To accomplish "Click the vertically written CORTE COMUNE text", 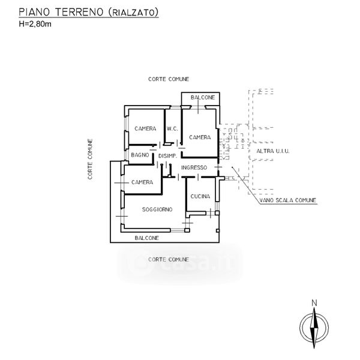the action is click(x=90, y=160).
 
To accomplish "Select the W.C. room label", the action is click(x=172, y=128).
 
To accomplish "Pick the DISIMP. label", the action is click(x=167, y=156).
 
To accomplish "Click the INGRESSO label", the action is click(x=194, y=167).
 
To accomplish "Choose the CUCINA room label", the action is click(x=200, y=197).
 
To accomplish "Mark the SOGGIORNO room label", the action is click(x=158, y=209).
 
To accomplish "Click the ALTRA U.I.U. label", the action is click(x=273, y=151).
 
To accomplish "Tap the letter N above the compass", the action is click(x=314, y=303).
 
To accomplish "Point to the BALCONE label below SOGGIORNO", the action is click(x=146, y=238).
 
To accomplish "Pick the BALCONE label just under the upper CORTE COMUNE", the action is click(x=202, y=97).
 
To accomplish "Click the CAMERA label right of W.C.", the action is click(x=200, y=137).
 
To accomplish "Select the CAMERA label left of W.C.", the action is click(x=145, y=128).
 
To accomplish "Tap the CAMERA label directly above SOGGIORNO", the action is click(x=142, y=182).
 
